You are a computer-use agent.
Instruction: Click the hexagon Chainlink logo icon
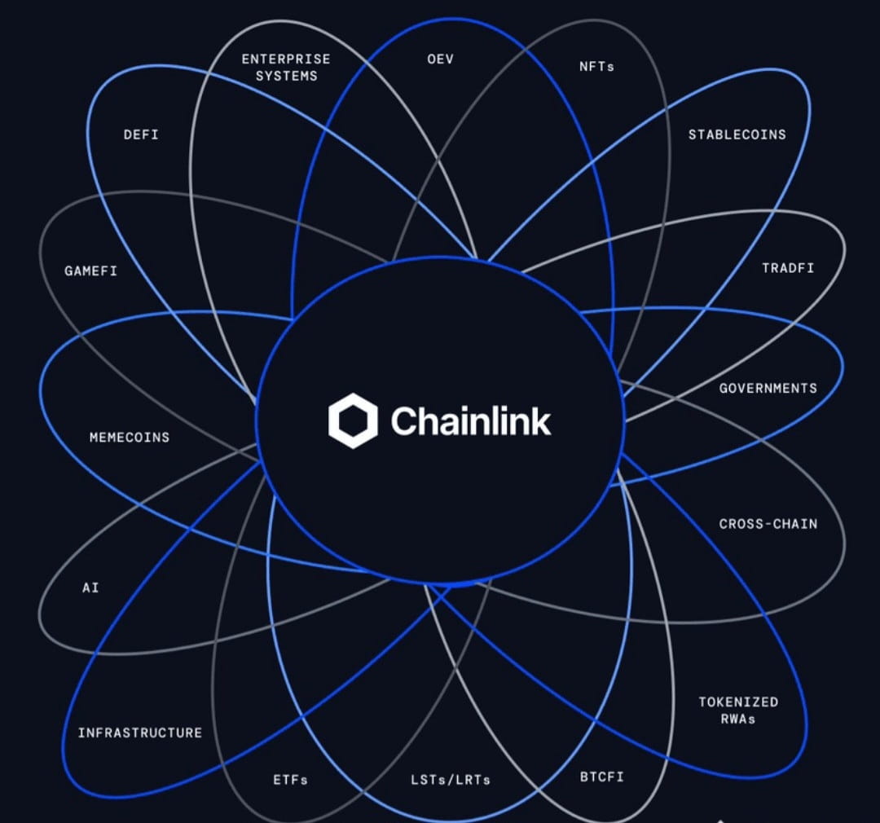pyautogui.click(x=353, y=420)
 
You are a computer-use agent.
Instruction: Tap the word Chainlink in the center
pyautogui.click(x=470, y=421)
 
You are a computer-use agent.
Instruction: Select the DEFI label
pyautogui.click(x=141, y=134)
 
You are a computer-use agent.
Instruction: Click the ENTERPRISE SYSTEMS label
pyautogui.click(x=286, y=68)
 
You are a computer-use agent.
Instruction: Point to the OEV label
pyautogui.click(x=440, y=59)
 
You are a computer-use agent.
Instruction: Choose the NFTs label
pyautogui.click(x=596, y=67)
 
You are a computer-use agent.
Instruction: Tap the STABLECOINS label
pyautogui.click(x=737, y=134)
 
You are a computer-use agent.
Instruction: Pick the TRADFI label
pyautogui.click(x=787, y=268)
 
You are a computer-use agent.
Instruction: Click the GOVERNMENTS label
pyautogui.click(x=768, y=388)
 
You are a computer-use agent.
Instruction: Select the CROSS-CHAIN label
pyautogui.click(x=768, y=524)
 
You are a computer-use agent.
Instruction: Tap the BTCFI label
pyautogui.click(x=601, y=776)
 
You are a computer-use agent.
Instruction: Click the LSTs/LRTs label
pyautogui.click(x=451, y=780)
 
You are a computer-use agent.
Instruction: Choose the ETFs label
pyautogui.click(x=291, y=780)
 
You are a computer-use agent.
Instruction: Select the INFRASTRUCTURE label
pyautogui.click(x=139, y=733)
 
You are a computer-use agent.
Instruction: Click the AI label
pyautogui.click(x=90, y=588)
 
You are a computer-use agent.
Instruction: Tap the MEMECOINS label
pyautogui.click(x=130, y=438)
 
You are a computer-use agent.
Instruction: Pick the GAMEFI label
pyautogui.click(x=90, y=271)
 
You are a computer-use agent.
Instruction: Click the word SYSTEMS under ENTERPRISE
pyautogui.click(x=286, y=76)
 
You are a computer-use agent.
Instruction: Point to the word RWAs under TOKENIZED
pyautogui.click(x=738, y=719)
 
